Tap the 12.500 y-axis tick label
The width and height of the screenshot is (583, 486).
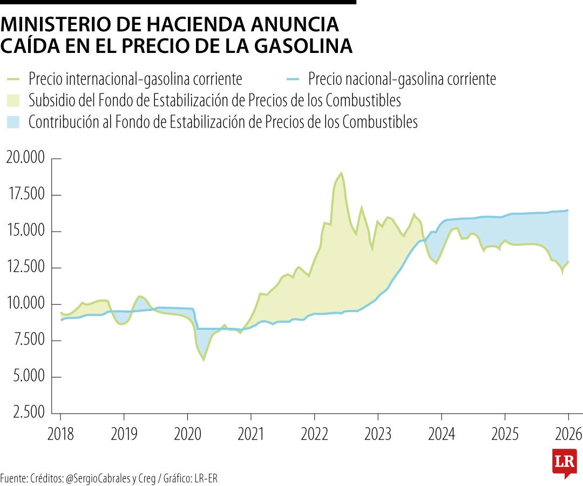click(26, 268)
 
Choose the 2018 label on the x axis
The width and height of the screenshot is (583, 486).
click(60, 434)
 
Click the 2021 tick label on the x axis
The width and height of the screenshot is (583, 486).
click(251, 434)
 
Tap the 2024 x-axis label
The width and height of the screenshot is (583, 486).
click(441, 434)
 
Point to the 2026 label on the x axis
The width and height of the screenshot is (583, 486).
click(568, 434)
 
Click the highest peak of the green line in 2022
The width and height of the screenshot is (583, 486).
click(341, 173)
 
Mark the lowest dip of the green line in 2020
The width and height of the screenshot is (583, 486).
click(204, 360)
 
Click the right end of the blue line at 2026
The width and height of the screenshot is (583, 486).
click(568, 210)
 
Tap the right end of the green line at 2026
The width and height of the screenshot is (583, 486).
click(568, 261)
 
